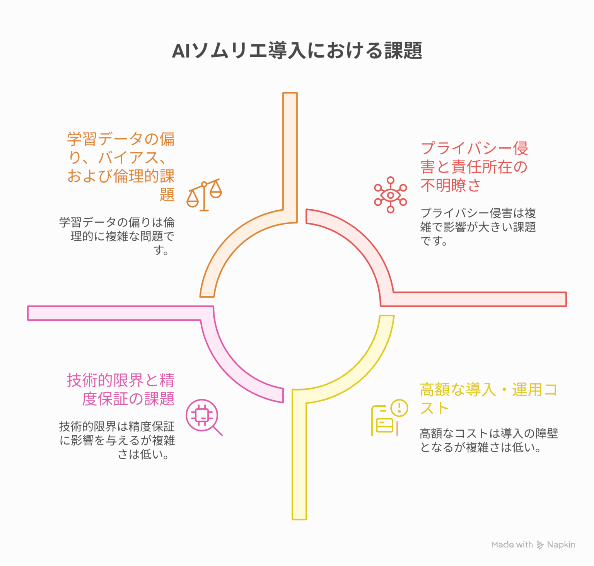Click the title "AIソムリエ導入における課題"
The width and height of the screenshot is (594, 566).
tap(297, 51)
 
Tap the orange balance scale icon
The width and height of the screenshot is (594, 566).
tap(204, 195)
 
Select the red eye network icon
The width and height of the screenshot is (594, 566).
tap(391, 195)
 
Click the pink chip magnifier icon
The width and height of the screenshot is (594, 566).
tap(204, 417)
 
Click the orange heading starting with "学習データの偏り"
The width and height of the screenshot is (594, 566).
tap(121, 167)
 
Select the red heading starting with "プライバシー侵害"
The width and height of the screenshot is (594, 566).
tap(474, 167)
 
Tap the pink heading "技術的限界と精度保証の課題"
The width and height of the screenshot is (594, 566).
tap(121, 389)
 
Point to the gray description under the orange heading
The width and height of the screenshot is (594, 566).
tap(117, 236)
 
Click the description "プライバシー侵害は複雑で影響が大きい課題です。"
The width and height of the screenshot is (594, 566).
tap(478, 227)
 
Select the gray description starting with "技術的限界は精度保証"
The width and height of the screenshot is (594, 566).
tap(117, 440)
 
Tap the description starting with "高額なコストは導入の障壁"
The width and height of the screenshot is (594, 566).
tap(489, 440)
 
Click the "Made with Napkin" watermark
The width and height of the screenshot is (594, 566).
tap(533, 545)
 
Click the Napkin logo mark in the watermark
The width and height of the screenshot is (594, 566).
tap(540, 545)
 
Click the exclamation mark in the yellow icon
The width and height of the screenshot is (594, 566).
tap(399, 407)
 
